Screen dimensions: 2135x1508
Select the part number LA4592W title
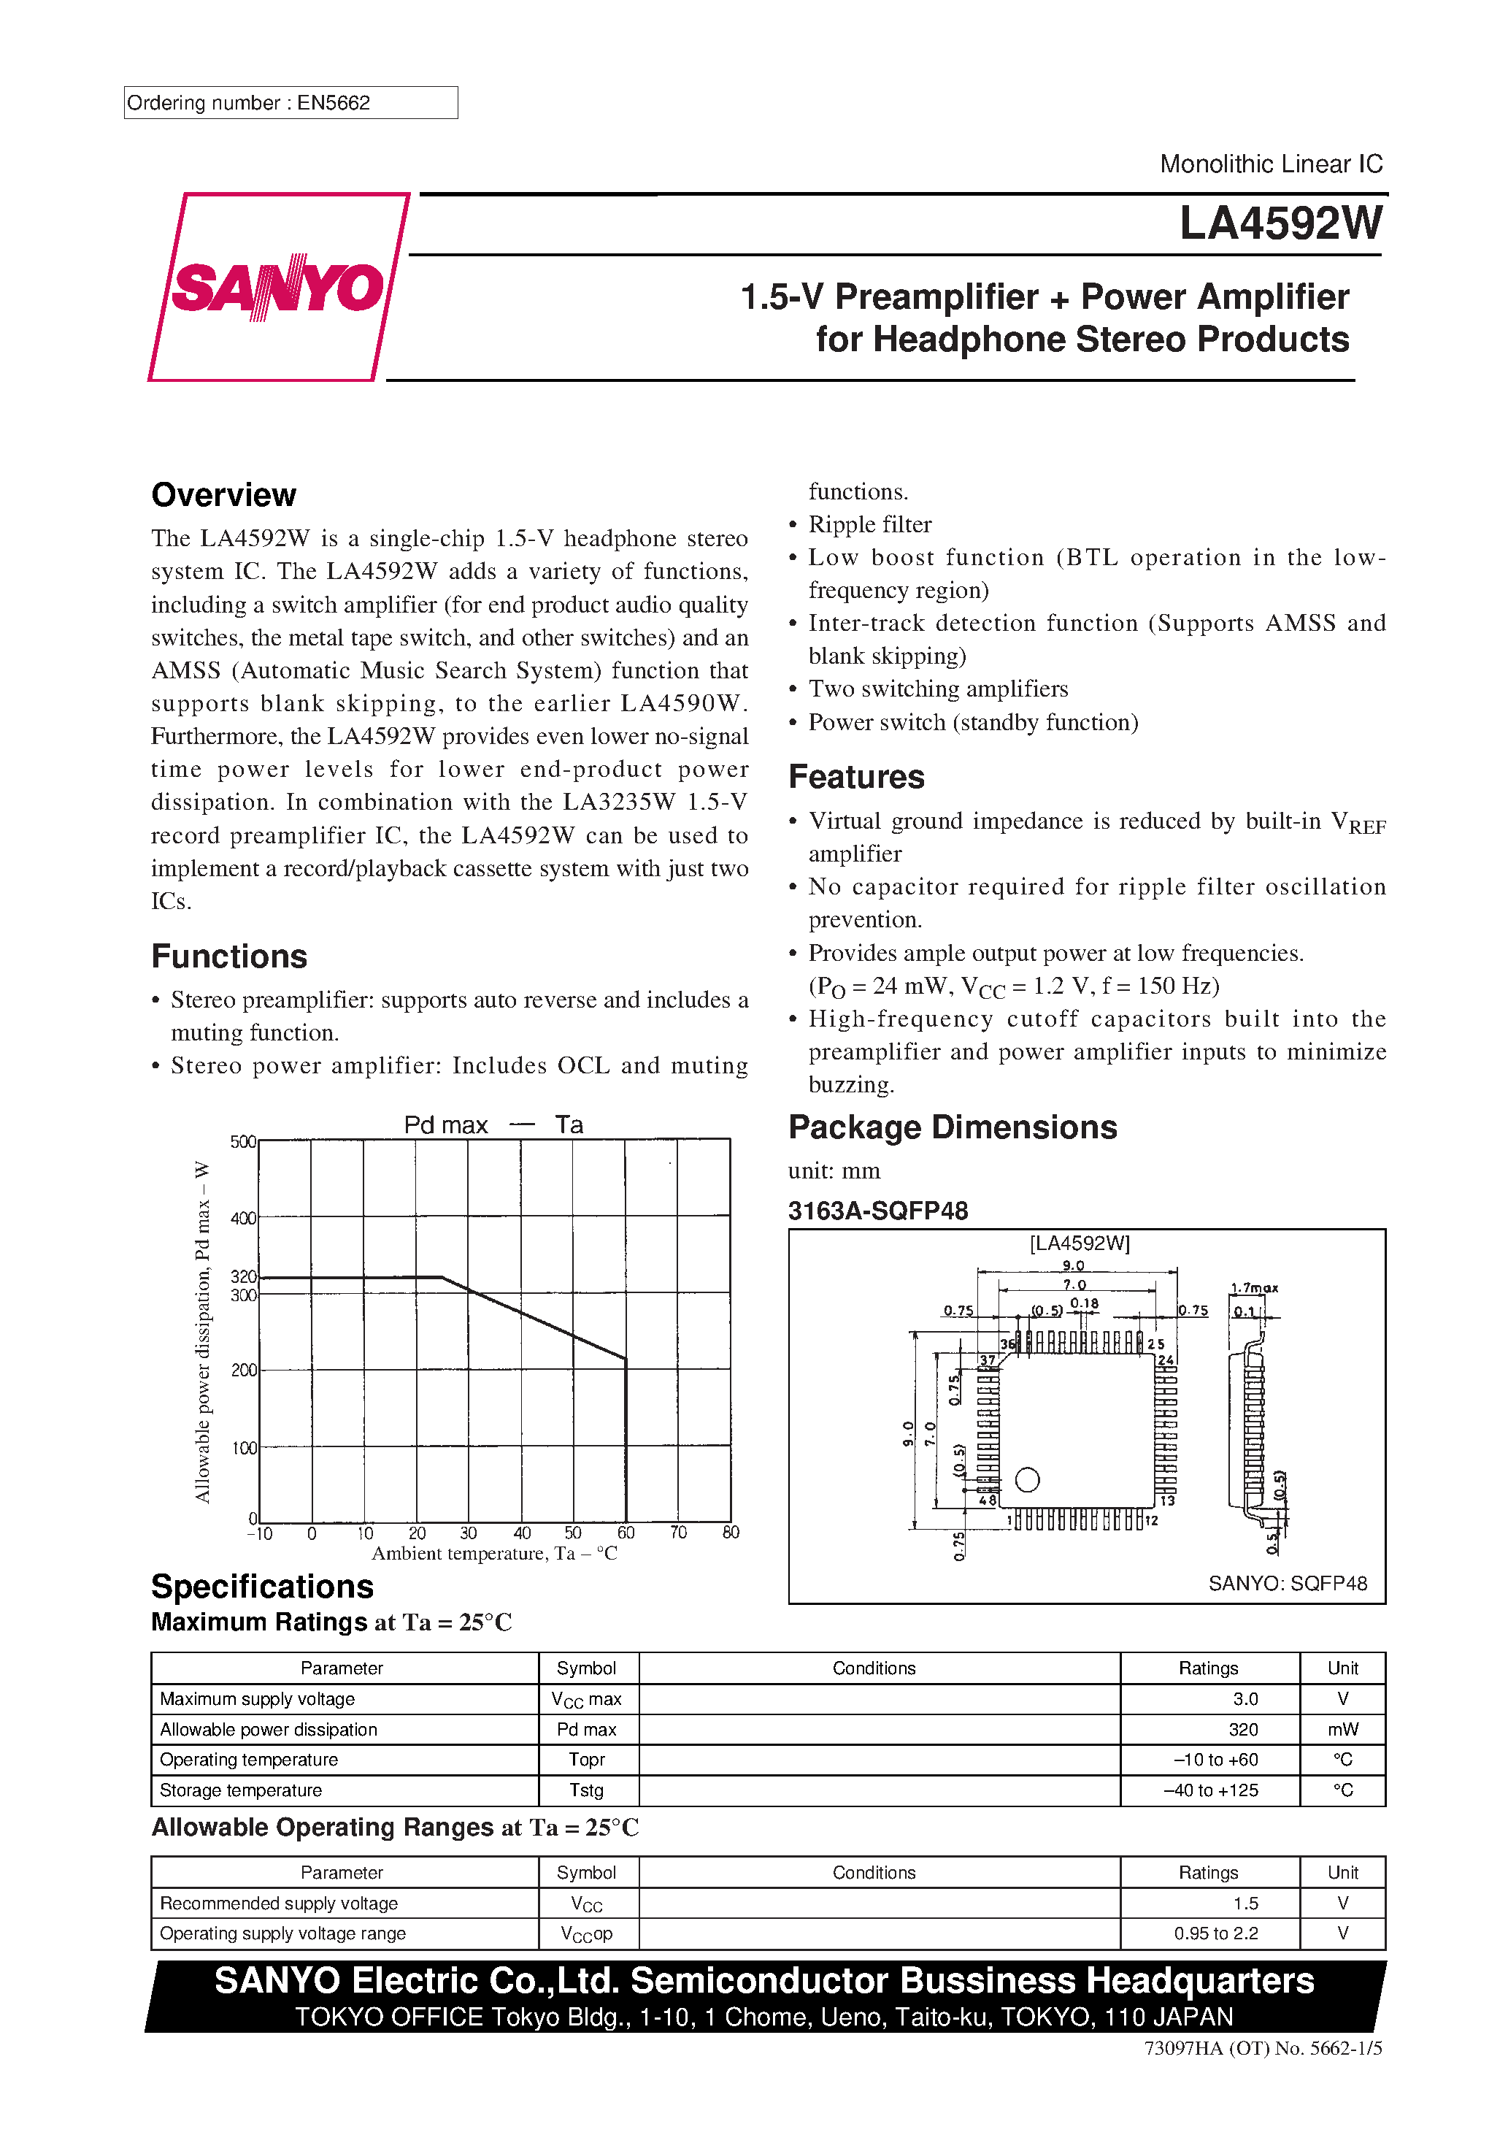(x=1280, y=224)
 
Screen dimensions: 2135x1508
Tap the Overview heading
(x=223, y=495)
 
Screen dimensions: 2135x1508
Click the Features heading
(x=855, y=776)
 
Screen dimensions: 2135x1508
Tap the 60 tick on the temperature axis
(x=626, y=1533)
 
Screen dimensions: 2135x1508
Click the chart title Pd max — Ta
(x=493, y=1125)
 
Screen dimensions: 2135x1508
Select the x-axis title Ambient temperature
(x=493, y=1554)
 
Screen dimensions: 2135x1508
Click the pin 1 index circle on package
(x=1027, y=1479)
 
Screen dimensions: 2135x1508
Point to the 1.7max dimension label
(x=1254, y=1288)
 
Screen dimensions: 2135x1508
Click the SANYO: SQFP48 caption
(x=1287, y=1584)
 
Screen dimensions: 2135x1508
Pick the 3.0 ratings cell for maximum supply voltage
(x=1245, y=1699)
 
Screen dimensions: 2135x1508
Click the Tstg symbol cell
(x=587, y=1790)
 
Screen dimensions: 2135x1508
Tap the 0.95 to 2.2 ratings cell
(x=1215, y=1933)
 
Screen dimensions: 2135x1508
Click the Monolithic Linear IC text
(x=1270, y=164)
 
